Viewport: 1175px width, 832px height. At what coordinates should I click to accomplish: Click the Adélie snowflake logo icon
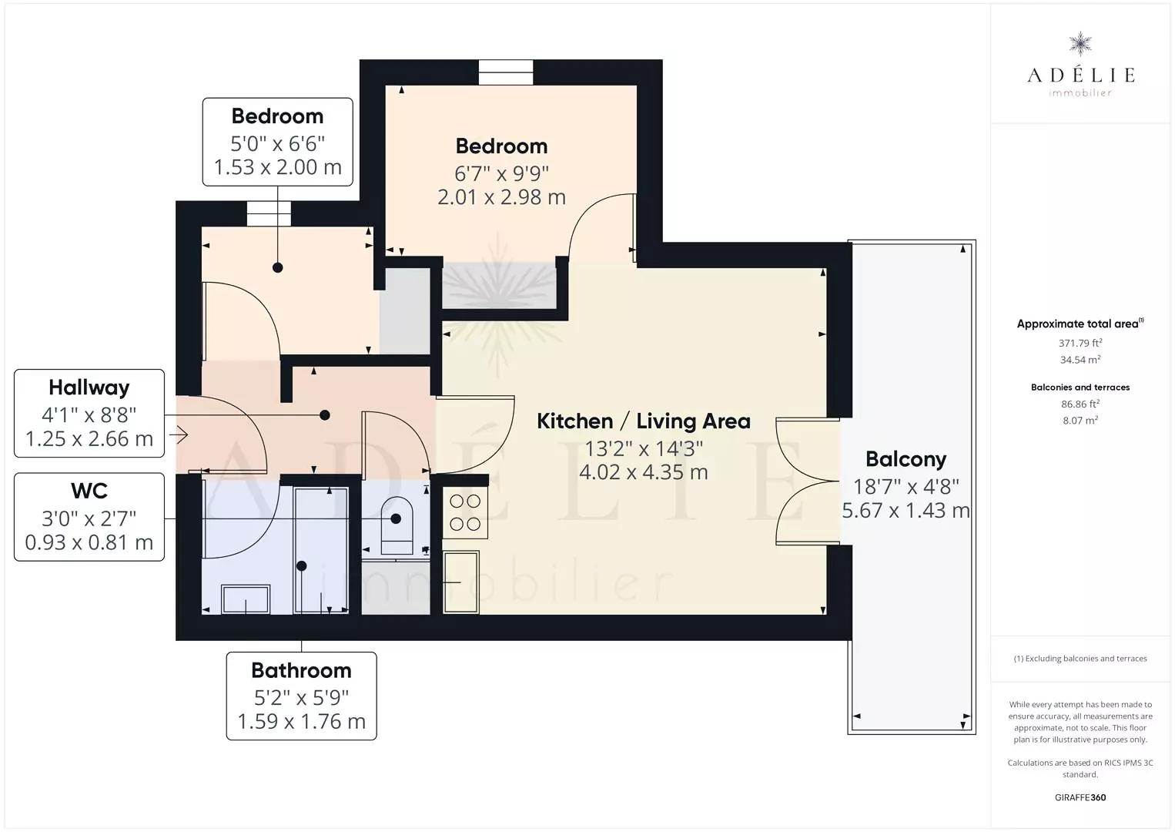point(1080,44)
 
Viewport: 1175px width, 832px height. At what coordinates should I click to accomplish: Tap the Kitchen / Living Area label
point(644,421)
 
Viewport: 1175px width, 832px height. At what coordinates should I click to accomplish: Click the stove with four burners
point(465,512)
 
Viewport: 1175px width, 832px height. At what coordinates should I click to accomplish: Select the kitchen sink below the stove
point(461,582)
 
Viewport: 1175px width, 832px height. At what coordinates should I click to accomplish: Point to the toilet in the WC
point(396,525)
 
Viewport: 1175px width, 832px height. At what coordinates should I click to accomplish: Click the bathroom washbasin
point(246,599)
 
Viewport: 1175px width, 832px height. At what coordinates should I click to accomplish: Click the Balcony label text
point(906,459)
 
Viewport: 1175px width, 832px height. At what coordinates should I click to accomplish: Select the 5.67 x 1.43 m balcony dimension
point(906,510)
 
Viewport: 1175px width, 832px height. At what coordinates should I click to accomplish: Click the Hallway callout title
point(89,388)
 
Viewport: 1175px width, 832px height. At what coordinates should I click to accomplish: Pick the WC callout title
point(89,491)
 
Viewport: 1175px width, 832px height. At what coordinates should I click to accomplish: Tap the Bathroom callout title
point(302,670)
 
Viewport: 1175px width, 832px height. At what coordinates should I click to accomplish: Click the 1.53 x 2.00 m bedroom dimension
point(277,167)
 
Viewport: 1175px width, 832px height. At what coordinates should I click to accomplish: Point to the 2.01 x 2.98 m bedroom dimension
point(501,197)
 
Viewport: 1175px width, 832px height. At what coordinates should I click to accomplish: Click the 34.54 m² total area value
point(1080,360)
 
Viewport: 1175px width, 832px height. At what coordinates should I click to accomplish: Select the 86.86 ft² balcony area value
point(1080,404)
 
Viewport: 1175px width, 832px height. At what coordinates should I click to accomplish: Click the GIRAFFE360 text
point(1080,797)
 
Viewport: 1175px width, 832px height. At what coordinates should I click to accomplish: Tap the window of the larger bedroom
point(506,72)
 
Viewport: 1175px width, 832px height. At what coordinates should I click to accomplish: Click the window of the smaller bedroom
point(269,213)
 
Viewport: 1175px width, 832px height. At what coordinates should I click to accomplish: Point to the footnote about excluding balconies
point(1080,658)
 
